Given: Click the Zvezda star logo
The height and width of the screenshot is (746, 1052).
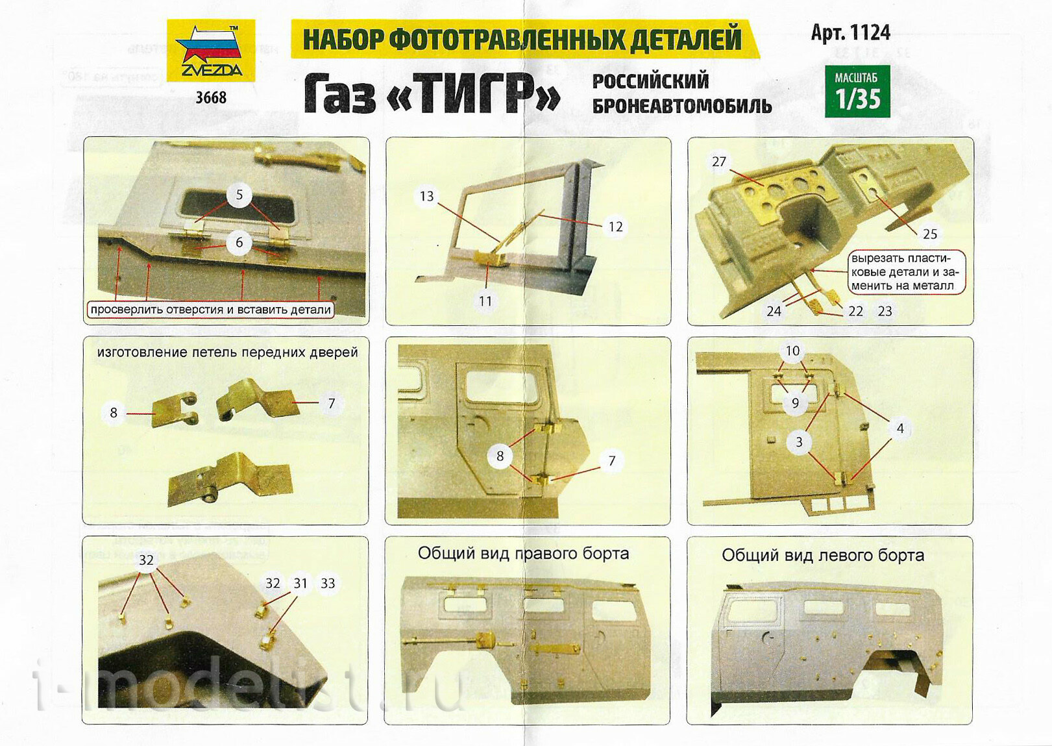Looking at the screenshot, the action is pyautogui.click(x=211, y=50).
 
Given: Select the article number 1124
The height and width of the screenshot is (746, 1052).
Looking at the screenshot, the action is pyautogui.click(x=851, y=32).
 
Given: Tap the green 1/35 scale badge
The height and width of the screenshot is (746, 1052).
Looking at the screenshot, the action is pyautogui.click(x=858, y=91).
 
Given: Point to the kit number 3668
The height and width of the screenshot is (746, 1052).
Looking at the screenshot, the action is pyautogui.click(x=212, y=97).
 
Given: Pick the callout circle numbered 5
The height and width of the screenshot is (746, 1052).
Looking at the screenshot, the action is pyautogui.click(x=239, y=195).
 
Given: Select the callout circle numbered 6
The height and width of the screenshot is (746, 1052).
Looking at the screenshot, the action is pyautogui.click(x=239, y=242).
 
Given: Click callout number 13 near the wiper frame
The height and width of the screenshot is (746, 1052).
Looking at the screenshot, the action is pyautogui.click(x=427, y=196).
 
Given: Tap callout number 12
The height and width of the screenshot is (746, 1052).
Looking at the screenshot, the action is pyautogui.click(x=616, y=227).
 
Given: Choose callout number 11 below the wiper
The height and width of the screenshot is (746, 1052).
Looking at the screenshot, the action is pyautogui.click(x=485, y=301).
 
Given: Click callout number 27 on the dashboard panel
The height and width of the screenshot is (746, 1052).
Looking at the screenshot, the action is pyautogui.click(x=719, y=162).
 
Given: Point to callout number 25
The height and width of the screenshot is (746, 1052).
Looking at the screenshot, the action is pyautogui.click(x=930, y=234).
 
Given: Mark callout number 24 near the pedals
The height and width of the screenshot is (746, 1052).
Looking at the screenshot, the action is pyautogui.click(x=774, y=311).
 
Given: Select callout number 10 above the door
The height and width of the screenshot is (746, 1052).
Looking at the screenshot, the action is pyautogui.click(x=793, y=351).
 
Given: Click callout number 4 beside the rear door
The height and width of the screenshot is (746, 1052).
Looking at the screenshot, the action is pyautogui.click(x=900, y=429).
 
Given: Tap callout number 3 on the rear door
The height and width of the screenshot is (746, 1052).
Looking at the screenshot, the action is pyautogui.click(x=800, y=442).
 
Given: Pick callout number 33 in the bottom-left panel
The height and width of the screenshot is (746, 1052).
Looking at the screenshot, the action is pyautogui.click(x=328, y=584).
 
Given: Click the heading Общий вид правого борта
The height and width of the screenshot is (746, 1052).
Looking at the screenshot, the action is pyautogui.click(x=524, y=553).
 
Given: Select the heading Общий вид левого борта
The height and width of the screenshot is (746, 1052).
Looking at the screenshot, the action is pyautogui.click(x=823, y=556).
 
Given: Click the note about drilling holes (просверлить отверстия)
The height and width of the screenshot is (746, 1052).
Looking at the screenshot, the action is pyautogui.click(x=211, y=310).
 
